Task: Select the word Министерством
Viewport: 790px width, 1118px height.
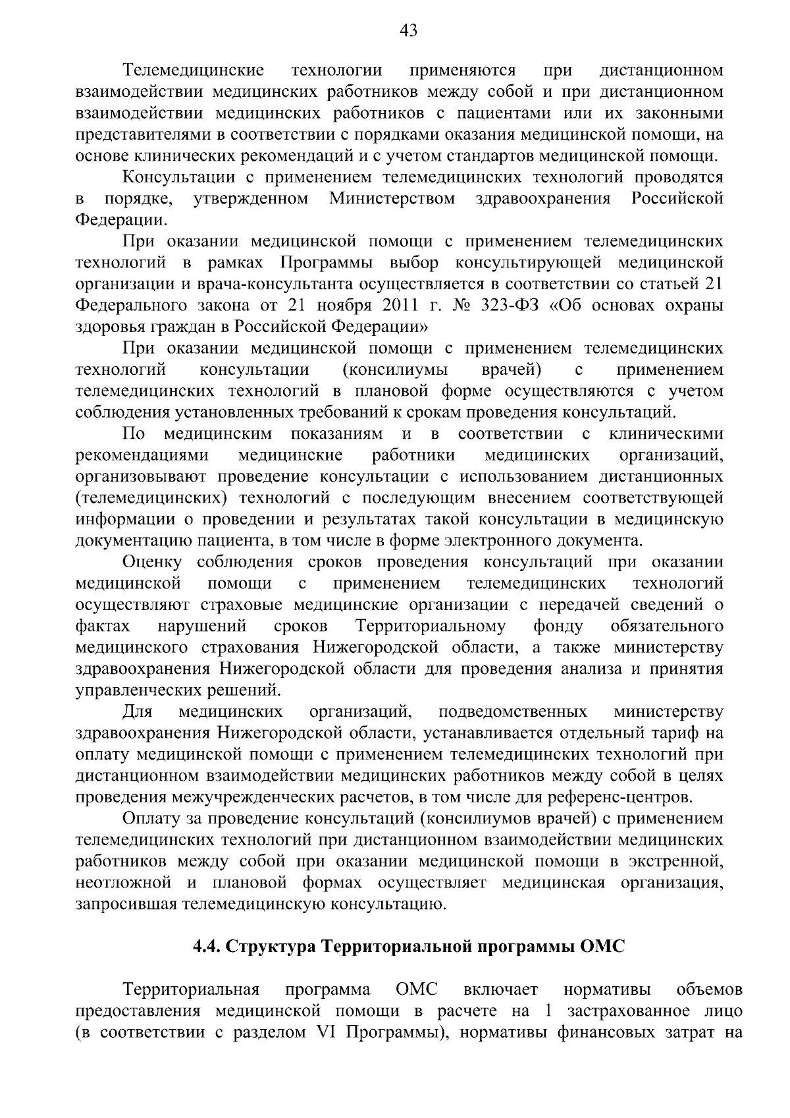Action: point(392,198)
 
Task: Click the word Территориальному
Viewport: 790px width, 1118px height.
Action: point(431,626)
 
